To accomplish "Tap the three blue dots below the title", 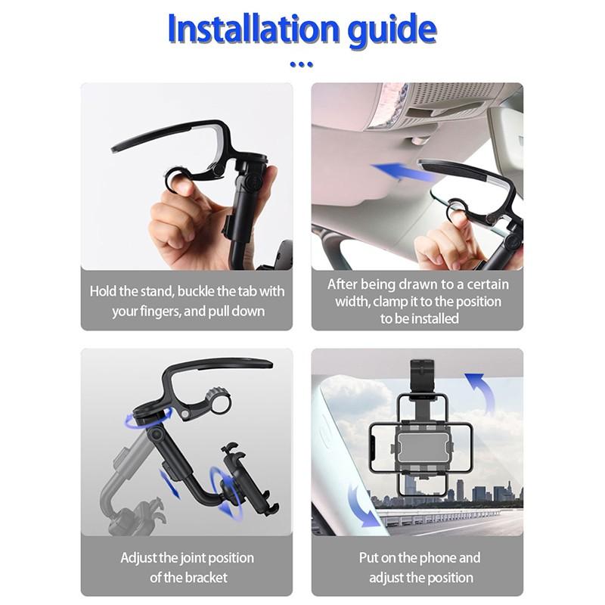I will click(x=301, y=64).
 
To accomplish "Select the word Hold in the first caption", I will click(x=104, y=291).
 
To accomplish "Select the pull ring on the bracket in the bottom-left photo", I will click(x=220, y=402).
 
